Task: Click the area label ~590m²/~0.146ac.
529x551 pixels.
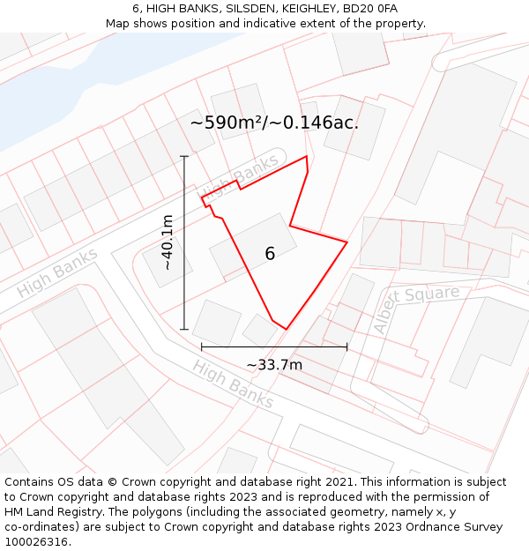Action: (274, 123)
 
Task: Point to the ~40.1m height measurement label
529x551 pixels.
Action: (167, 242)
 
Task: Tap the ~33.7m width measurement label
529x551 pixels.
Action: (274, 365)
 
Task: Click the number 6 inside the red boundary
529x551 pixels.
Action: (270, 254)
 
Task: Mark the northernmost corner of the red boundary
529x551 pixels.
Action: (307, 157)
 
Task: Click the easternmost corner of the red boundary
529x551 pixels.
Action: (347, 242)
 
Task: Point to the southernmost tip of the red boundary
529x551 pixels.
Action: (287, 330)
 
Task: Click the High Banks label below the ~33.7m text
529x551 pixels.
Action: (234, 383)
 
